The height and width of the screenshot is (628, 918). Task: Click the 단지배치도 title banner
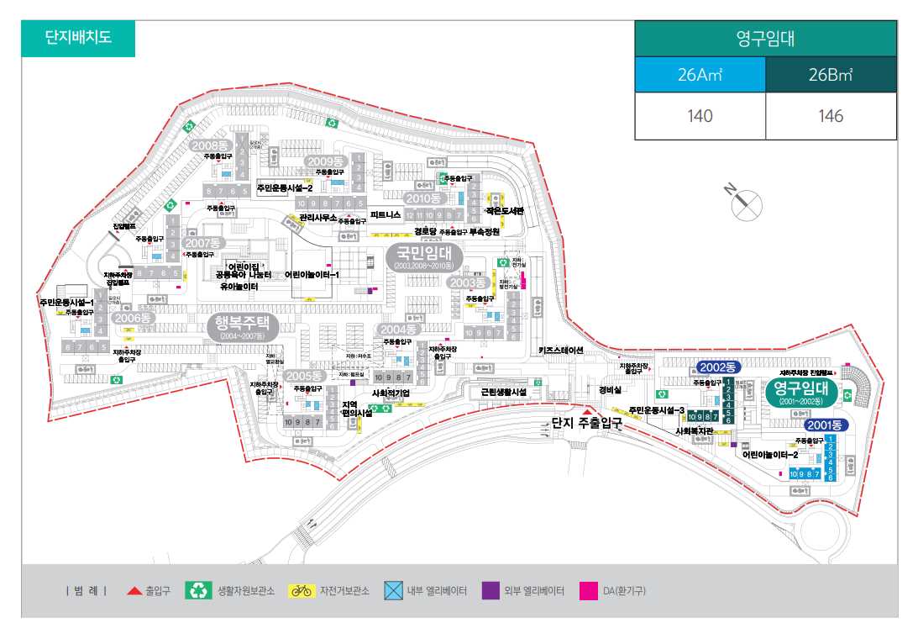(77, 38)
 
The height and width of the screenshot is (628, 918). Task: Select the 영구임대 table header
(764, 39)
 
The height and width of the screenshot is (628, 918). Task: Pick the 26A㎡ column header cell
(700, 74)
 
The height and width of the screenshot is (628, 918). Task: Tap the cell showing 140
(700, 116)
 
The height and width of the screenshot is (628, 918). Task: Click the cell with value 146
(831, 116)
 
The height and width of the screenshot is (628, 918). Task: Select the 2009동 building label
(325, 161)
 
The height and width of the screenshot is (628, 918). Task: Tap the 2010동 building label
(422, 198)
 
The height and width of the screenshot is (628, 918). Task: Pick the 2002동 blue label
(717, 367)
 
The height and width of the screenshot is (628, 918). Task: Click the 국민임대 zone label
(424, 253)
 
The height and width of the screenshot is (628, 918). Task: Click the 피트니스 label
(386, 215)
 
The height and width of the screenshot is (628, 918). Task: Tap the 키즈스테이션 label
(560, 350)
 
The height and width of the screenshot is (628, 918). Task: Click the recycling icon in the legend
(199, 590)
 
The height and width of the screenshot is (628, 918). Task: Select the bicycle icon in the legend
(301, 590)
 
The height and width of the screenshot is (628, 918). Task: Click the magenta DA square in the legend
(587, 590)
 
